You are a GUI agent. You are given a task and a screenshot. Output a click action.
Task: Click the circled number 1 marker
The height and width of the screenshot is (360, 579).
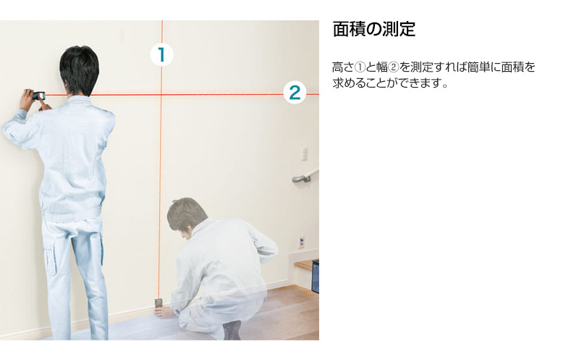(161, 55)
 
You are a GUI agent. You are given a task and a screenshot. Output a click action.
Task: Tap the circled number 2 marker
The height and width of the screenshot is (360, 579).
(295, 93)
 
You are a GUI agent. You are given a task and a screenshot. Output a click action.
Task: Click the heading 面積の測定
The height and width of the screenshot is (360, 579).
(374, 29)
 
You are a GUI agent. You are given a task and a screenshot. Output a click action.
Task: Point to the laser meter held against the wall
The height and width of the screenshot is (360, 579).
(38, 96)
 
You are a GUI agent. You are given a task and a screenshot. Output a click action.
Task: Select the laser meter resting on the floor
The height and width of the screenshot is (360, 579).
(159, 304)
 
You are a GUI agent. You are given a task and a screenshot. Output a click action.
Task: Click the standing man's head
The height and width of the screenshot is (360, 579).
(79, 70)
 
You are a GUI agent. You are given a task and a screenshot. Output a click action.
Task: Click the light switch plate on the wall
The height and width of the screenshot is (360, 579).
(305, 154)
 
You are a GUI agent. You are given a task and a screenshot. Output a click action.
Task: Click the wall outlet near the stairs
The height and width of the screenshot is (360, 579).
(302, 243)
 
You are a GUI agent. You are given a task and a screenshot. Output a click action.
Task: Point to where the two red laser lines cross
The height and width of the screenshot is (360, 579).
(161, 95)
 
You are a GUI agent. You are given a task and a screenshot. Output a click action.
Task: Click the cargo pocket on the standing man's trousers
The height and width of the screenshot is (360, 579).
(51, 260)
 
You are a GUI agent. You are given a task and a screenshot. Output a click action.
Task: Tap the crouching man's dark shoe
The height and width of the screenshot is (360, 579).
(232, 330)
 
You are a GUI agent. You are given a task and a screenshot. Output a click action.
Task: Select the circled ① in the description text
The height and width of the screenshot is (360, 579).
(360, 67)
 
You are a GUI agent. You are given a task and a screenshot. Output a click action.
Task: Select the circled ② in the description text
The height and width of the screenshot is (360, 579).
(394, 67)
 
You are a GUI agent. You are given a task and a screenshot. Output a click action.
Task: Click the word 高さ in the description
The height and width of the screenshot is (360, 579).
(343, 67)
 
